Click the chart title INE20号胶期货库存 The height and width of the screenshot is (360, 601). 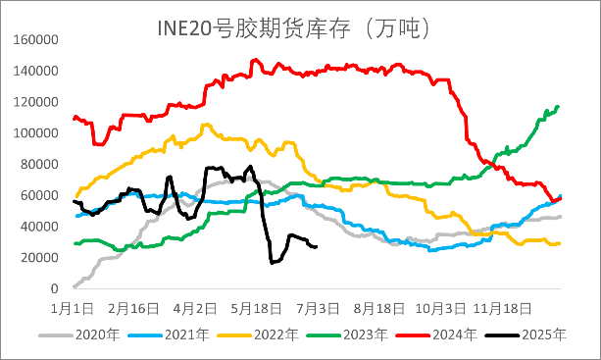coord(295,26)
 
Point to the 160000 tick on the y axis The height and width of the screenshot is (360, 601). coord(35,40)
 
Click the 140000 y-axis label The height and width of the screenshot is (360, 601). coord(35,72)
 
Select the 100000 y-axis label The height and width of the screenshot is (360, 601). coord(35,133)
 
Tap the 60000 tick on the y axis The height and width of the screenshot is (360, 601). coord(38,195)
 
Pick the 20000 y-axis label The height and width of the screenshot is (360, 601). coord(38,257)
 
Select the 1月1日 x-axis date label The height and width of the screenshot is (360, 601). coord(73,307)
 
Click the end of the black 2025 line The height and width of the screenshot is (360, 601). coord(316,246)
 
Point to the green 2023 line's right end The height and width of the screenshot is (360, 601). coord(559,106)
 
